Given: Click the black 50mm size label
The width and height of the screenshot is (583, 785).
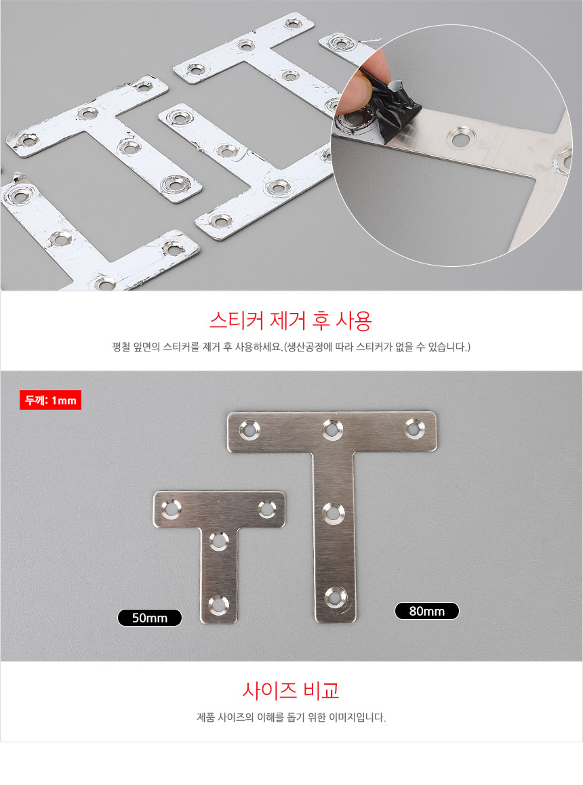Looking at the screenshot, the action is [x=149, y=618].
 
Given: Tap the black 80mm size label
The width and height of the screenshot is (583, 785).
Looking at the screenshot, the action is [x=426, y=611].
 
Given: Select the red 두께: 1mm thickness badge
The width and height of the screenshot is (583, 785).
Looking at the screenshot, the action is [x=50, y=400].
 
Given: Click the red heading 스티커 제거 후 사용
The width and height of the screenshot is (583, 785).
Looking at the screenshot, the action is [x=291, y=320].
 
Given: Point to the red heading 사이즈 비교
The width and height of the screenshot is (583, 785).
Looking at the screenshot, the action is [x=291, y=690].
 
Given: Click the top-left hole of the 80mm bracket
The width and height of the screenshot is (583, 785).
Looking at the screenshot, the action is [x=249, y=430].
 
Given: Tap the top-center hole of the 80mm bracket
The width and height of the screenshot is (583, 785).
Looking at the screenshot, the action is [x=332, y=429].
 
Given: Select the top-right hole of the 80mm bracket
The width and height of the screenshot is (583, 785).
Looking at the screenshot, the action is [x=415, y=428].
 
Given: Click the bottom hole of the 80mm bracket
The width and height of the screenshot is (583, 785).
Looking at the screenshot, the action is [x=334, y=598].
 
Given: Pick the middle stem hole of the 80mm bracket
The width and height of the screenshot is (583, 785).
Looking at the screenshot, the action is [x=334, y=513].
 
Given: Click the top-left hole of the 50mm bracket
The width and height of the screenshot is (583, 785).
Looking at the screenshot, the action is [x=171, y=509].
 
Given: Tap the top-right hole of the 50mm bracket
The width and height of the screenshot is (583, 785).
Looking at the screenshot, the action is [x=266, y=509].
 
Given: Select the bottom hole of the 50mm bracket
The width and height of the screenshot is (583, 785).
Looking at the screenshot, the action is [x=218, y=605].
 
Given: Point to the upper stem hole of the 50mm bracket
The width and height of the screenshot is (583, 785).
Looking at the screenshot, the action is [x=219, y=542].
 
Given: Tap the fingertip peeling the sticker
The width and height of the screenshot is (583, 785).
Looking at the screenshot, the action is [x=359, y=87].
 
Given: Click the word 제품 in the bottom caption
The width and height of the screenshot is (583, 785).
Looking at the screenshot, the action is [x=205, y=717].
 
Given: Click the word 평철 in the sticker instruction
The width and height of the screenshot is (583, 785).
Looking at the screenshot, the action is [x=121, y=347].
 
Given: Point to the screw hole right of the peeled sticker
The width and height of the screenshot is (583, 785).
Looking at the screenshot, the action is [x=462, y=137].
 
